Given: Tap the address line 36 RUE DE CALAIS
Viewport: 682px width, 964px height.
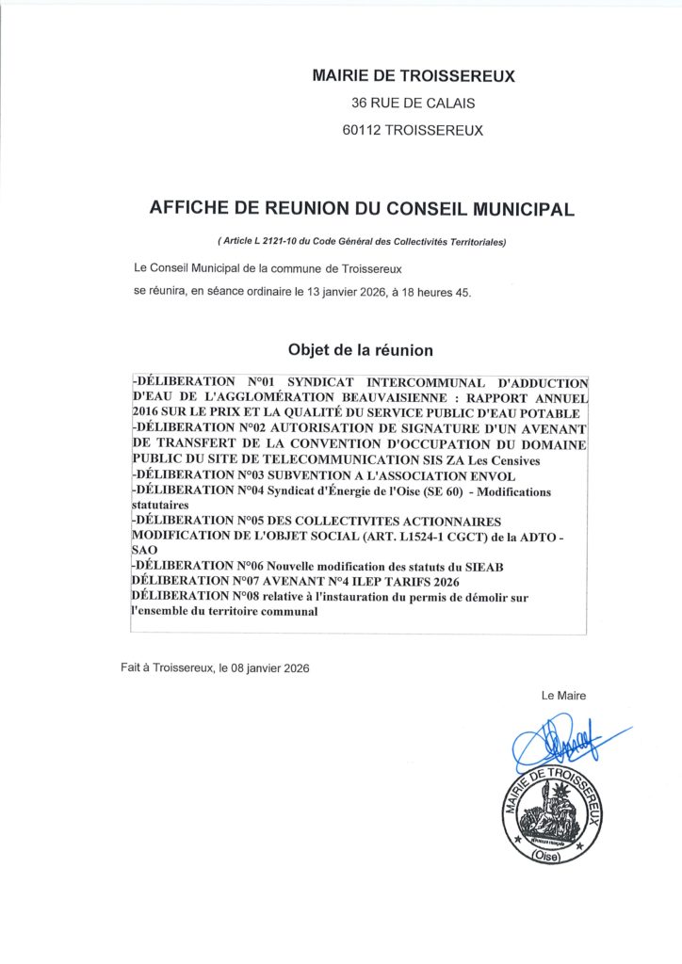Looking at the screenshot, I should pos(413,104).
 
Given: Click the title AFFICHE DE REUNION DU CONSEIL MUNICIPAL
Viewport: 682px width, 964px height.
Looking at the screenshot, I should pos(362,209).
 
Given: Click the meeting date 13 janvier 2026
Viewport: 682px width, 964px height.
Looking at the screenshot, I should pos(344,293).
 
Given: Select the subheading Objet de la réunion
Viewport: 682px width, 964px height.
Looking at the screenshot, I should pos(361,350).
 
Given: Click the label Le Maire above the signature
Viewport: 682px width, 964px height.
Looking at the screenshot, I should pos(563,696).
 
